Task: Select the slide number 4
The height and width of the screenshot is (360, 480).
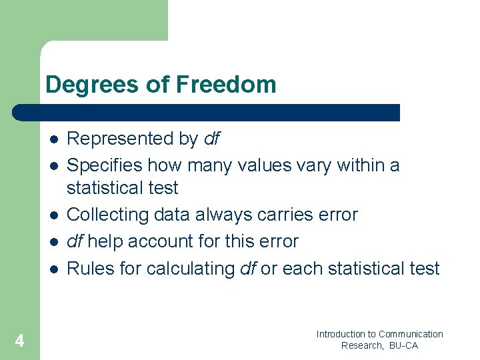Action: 20,341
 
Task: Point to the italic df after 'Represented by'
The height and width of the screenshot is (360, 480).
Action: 211,139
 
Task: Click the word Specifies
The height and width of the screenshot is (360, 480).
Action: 105,165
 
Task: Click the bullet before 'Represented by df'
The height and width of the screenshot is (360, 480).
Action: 53,139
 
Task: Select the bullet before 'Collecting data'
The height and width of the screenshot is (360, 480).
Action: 53,215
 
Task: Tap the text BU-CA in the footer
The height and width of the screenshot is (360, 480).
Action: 403,345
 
